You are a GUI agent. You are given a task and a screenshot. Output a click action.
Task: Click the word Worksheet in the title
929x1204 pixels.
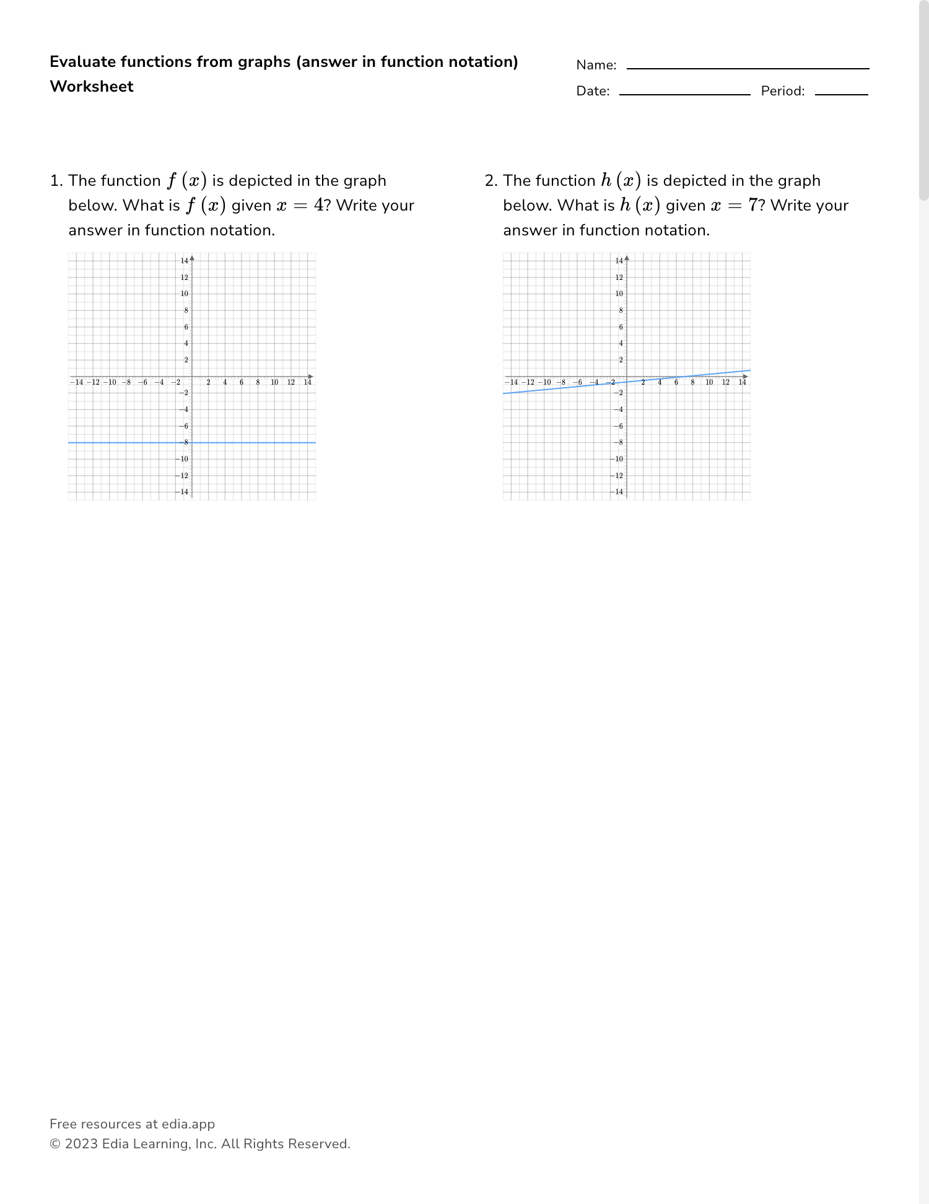point(92,87)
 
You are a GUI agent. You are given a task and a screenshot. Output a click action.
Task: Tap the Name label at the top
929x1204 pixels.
point(596,65)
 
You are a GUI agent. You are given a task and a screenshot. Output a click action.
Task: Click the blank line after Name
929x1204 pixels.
point(748,68)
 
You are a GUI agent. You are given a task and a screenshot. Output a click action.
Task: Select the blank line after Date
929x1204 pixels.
point(684,94)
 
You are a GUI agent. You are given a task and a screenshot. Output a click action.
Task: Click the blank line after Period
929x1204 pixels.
point(841,94)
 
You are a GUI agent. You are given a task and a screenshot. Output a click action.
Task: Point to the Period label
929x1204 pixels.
point(782,91)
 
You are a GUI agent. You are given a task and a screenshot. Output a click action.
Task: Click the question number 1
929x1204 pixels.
point(56,181)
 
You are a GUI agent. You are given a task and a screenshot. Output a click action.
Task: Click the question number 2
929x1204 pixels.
point(491,181)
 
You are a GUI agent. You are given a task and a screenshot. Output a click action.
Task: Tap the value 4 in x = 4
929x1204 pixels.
point(318,206)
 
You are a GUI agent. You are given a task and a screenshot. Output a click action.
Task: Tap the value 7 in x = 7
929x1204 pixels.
point(753,206)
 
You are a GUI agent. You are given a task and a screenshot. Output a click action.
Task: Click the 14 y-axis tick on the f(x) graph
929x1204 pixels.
point(185,261)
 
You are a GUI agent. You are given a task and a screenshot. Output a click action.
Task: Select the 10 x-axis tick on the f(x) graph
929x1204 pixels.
point(274,382)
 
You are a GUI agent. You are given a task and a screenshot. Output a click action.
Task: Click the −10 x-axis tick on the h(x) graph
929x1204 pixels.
point(544,382)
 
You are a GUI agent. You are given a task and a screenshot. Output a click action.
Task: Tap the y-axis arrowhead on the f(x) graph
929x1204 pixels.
point(192,257)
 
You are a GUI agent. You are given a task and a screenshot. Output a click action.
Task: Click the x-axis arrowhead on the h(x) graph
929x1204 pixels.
point(746,377)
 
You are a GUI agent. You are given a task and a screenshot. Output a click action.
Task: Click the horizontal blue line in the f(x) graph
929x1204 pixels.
point(248,443)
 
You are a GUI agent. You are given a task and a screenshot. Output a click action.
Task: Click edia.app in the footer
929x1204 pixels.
point(188,1124)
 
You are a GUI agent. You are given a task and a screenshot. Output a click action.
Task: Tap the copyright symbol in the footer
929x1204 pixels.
point(55,1144)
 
